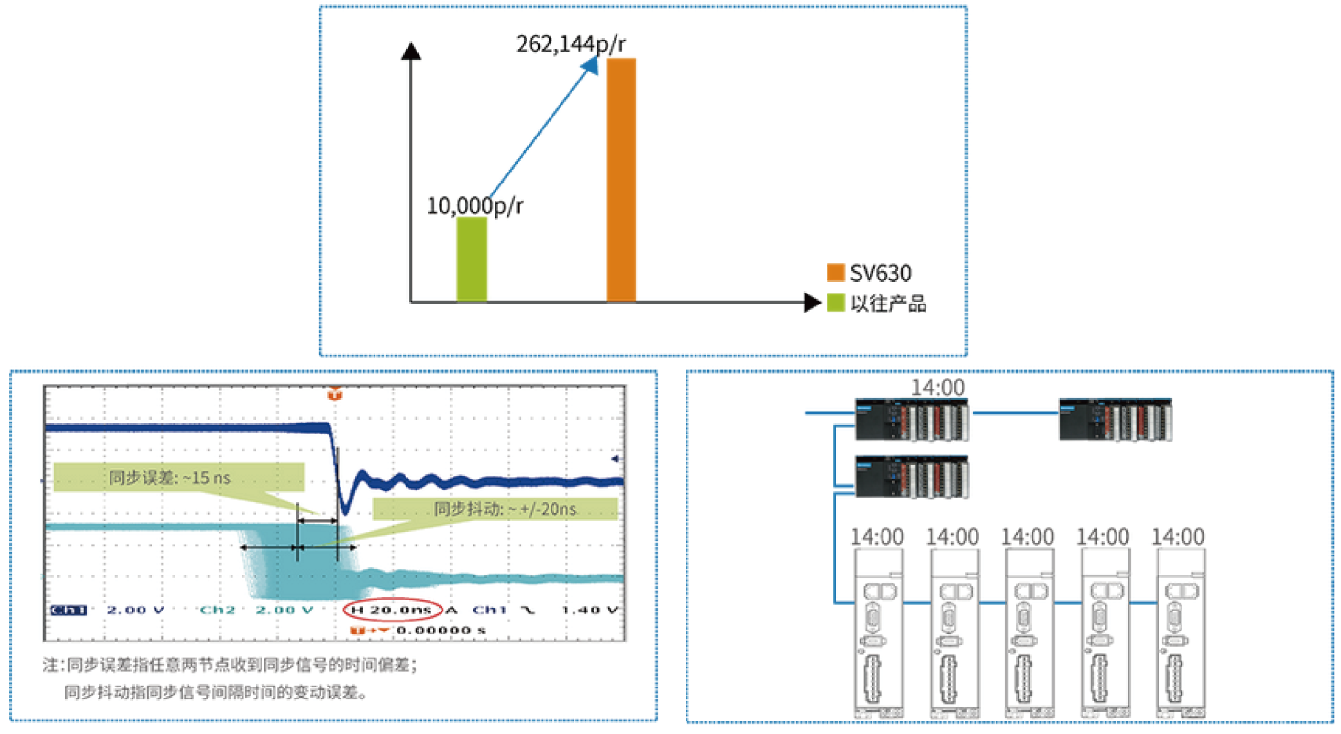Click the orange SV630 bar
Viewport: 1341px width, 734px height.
[x=621, y=180]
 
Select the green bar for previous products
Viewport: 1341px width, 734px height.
[x=472, y=259]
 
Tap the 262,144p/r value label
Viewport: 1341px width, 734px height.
[x=570, y=44]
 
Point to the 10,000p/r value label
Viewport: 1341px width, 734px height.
[x=475, y=206]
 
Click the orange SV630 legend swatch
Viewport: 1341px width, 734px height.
[x=835, y=273]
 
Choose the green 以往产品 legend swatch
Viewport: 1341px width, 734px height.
[x=835, y=303]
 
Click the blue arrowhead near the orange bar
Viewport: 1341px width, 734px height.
[x=589, y=65]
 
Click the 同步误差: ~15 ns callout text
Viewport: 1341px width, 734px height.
[x=170, y=478]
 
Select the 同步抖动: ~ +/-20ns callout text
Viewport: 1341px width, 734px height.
[x=505, y=509]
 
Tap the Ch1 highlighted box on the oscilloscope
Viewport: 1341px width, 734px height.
[x=68, y=610]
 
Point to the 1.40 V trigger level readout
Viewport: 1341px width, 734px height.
[x=589, y=610]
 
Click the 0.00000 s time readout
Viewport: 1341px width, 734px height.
[x=441, y=630]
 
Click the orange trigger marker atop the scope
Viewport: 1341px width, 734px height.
[x=335, y=394]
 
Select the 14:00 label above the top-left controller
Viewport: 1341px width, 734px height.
[x=938, y=388]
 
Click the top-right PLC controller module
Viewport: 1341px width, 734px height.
[x=1115, y=420]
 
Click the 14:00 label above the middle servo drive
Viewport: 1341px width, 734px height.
[x=1027, y=537]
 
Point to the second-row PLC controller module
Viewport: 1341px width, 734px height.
[x=911, y=477]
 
